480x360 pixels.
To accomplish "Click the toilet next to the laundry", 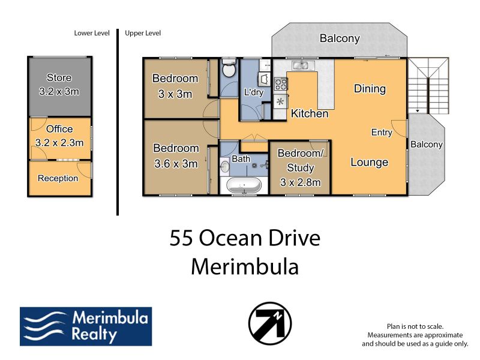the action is (x=229, y=68).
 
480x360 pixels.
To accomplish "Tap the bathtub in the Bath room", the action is (x=244, y=185).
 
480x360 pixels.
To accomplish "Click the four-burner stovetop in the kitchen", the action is (x=280, y=84).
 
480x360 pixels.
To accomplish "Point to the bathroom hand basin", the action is (x=225, y=167).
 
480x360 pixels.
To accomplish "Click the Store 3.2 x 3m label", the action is (x=59, y=85).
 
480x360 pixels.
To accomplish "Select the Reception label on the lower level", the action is (x=58, y=178).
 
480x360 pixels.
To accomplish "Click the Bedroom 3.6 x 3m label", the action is (x=176, y=156).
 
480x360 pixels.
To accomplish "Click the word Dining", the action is (x=370, y=89).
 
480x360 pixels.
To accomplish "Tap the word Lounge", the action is (x=369, y=162).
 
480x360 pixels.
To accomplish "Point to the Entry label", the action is (x=382, y=132).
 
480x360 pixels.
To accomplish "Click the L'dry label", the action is (x=254, y=92).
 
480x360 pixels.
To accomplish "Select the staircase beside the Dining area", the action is (x=428, y=86).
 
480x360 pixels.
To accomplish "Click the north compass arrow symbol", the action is (x=270, y=323).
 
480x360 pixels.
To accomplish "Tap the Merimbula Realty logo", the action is (x=86, y=326).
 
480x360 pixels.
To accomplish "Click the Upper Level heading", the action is (x=143, y=33).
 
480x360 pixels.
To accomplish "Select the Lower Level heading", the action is (x=92, y=33).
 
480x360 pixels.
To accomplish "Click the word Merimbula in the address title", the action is (x=245, y=266).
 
